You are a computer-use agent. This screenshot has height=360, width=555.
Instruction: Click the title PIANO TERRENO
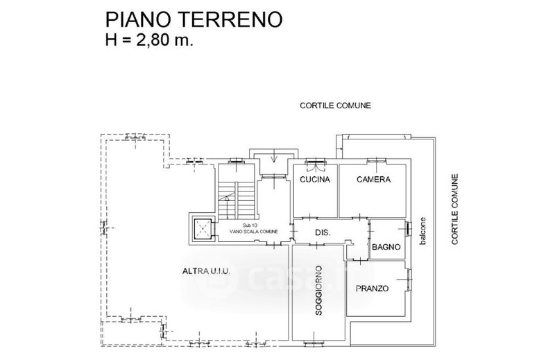pos(194,19)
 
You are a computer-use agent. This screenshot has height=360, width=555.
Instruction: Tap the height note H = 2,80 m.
pos(149,40)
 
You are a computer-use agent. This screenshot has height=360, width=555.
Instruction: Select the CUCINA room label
pos(315,180)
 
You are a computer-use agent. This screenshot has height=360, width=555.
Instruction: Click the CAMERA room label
pos(373,180)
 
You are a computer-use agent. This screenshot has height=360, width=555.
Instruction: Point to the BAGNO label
pos(386,247)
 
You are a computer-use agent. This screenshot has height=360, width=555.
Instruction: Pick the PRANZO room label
pos(372,289)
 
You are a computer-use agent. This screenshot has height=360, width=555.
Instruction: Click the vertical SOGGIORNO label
pos(318,290)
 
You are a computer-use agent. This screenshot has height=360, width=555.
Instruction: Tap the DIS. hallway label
pos(323,233)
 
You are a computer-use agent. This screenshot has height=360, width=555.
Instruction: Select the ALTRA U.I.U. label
pos(206,271)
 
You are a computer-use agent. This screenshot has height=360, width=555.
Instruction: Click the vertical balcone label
pos(422,231)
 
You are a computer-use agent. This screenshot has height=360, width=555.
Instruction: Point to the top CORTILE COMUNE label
pos(335,105)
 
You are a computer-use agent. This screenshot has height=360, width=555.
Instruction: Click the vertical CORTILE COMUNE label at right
pos(455,209)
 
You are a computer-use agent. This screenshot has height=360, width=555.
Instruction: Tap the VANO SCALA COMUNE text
pos(253,232)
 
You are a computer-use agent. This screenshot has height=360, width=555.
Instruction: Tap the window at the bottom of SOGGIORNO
pos(314,342)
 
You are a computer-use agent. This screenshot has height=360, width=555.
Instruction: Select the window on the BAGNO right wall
pos(409,229)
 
